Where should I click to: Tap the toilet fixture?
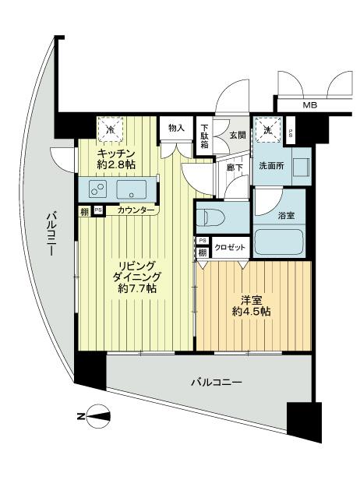click(x=214, y=215)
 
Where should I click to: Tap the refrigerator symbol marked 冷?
click(x=111, y=127)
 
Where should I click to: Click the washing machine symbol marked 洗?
click(x=269, y=130)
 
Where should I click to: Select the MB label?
click(x=309, y=104)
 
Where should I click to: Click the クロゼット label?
click(x=231, y=248)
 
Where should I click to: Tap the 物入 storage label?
click(x=175, y=128)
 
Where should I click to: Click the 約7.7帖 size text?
click(x=136, y=288)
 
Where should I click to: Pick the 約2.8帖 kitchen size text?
click(x=116, y=164)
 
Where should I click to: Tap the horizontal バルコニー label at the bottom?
click(x=216, y=383)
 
